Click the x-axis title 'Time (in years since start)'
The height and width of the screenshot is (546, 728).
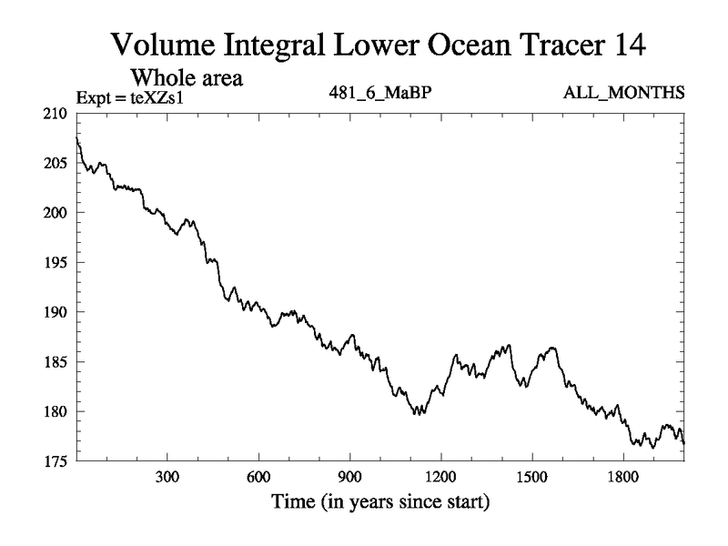click(379, 501)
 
